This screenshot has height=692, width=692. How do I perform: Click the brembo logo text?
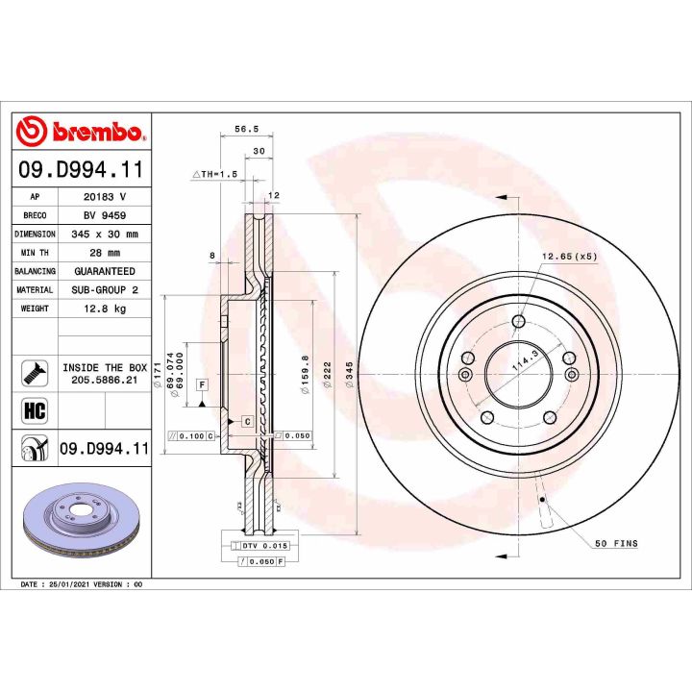92,132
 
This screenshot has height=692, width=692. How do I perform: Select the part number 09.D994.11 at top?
81,170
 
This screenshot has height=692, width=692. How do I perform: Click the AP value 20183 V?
106,196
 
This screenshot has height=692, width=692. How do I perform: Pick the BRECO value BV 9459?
106,215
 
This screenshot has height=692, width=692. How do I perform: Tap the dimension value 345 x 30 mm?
106,234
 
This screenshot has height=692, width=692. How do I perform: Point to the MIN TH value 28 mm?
106,253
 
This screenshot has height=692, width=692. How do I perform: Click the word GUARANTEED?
106,271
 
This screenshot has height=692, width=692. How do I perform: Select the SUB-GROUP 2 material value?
106,290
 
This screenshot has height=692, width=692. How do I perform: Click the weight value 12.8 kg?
106,309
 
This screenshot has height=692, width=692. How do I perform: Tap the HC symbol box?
34,410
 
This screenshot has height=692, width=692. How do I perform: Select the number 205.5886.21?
106,381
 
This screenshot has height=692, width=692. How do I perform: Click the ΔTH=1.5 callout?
213,174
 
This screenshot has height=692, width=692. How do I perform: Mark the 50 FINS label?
616,544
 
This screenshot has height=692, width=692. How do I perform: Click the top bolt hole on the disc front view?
519,322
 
